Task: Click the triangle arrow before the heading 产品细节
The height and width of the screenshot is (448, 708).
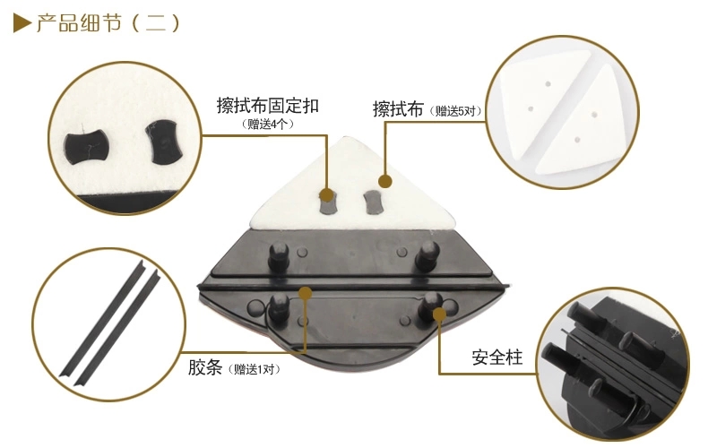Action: (22, 23)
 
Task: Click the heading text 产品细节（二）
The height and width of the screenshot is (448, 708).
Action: (108, 23)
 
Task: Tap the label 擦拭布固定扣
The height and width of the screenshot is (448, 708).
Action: (268, 106)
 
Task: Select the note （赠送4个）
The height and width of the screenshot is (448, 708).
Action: (268, 125)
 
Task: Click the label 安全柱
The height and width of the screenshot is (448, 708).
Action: (497, 358)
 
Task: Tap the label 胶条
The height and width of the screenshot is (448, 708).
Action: (205, 367)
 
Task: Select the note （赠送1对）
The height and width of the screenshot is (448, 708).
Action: (254, 369)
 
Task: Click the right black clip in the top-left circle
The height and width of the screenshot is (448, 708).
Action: (163, 142)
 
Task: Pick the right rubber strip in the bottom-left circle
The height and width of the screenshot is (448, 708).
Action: (117, 327)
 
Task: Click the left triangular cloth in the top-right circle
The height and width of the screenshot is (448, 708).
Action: (537, 100)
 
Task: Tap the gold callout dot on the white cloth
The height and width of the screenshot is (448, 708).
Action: (384, 182)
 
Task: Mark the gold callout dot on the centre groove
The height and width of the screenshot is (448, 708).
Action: (306, 293)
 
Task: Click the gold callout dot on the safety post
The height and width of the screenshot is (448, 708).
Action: (439, 314)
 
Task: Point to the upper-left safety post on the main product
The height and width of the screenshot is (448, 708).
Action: (279, 255)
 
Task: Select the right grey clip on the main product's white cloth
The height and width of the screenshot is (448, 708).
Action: (373, 202)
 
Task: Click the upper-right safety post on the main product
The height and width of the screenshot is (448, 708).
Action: (427, 254)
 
